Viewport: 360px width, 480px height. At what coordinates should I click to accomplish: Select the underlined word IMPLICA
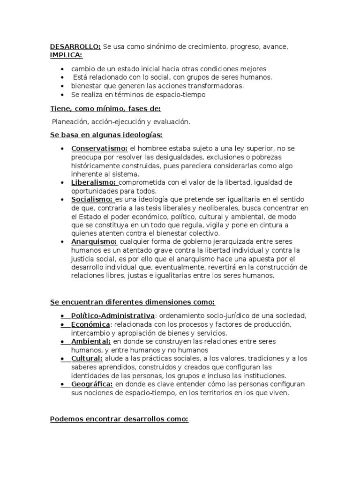coord(66,55)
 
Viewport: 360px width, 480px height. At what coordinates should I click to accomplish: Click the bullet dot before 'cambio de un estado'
coord(63,69)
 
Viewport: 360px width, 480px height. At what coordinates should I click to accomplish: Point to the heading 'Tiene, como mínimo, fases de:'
coord(105,109)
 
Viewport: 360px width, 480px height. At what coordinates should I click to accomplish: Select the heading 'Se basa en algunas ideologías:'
coord(106,135)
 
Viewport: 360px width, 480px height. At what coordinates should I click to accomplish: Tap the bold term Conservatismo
coord(99,149)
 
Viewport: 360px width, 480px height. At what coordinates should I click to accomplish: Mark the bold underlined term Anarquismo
coord(94,241)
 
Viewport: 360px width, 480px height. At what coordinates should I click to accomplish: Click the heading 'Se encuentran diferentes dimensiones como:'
coord(133,301)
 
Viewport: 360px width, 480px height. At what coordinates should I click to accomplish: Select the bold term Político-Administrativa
coord(112,315)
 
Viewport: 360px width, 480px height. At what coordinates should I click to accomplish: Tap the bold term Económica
coord(90,324)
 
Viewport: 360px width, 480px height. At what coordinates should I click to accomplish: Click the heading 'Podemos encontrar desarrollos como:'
coord(119,419)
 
